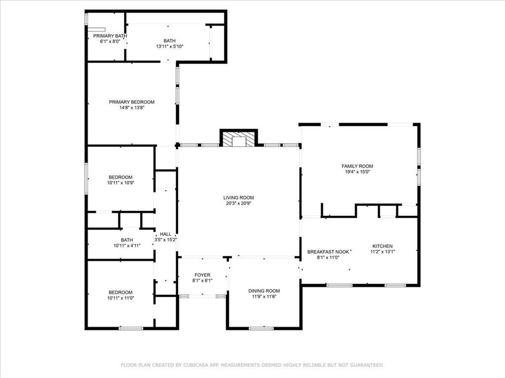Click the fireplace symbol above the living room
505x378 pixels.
[x=239, y=139]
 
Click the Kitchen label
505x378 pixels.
[x=382, y=246]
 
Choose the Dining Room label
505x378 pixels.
[x=264, y=291]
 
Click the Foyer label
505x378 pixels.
[x=202, y=275]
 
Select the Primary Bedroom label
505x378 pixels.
[x=132, y=102]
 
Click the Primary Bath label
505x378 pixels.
[x=110, y=36]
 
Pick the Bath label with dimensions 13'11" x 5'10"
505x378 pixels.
[x=169, y=41]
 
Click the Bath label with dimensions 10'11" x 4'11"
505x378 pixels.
[x=120, y=240]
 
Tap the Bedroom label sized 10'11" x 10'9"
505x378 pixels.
[x=120, y=177]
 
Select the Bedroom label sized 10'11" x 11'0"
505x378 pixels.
[x=120, y=292]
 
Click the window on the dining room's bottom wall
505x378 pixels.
[x=261, y=328]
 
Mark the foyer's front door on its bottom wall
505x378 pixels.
[x=202, y=296]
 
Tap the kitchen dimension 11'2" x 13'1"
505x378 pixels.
[x=382, y=252]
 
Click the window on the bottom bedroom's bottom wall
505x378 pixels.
[x=131, y=328]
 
